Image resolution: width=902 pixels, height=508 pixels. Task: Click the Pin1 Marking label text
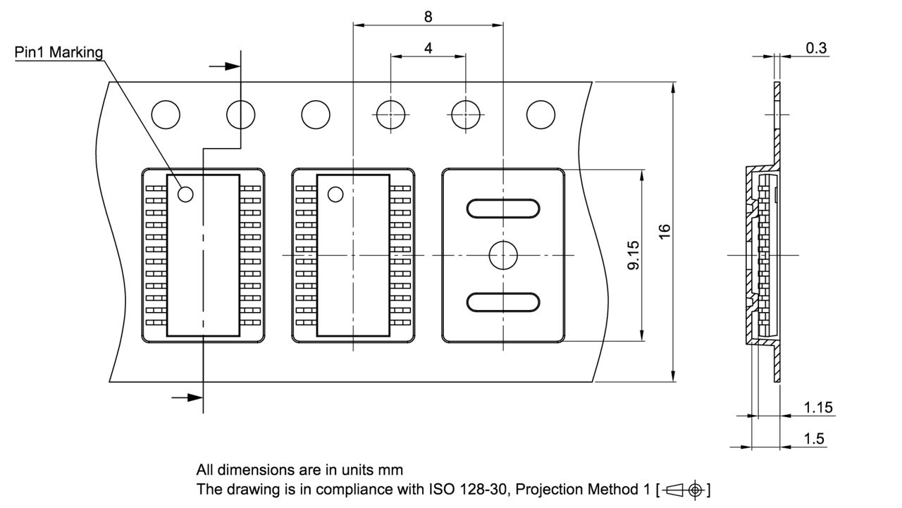pos(59,53)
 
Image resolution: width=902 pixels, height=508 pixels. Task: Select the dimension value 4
pos(428,48)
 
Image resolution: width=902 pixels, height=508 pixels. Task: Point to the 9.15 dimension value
pos(633,254)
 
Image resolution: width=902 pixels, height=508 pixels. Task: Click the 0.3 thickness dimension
pos(816,48)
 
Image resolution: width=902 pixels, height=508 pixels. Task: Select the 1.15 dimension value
pos(818,407)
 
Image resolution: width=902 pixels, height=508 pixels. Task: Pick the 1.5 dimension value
pos(814,438)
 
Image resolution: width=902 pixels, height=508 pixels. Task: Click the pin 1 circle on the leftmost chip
pos(186,194)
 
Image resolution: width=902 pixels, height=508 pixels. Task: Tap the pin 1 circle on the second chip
pos(335,194)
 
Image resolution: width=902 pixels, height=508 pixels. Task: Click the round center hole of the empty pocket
pos(503,254)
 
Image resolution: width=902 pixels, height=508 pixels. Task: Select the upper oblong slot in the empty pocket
pos(503,209)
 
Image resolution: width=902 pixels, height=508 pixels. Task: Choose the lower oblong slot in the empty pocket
pos(503,302)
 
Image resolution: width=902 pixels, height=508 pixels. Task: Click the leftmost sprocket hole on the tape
pos(166,114)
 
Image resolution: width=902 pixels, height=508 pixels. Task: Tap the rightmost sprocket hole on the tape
pos(540,114)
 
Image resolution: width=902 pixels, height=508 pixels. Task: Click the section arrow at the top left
pos(225,66)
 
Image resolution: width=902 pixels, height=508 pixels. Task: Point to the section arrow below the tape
pos(188,397)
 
